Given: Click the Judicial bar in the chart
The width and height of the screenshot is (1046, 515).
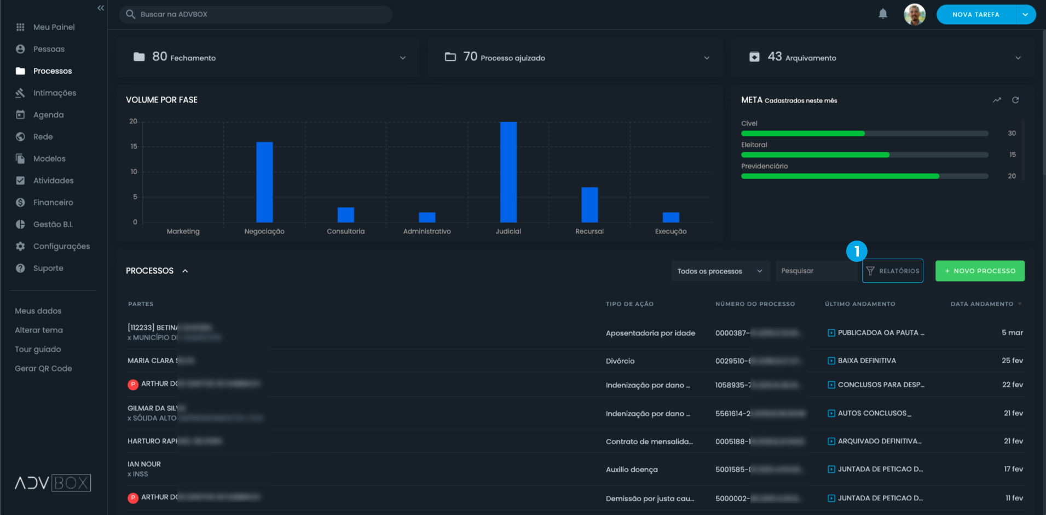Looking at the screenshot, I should point(508,172).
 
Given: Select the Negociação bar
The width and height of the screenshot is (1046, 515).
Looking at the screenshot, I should point(264,182).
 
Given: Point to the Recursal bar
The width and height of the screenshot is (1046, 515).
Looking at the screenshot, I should point(590,204).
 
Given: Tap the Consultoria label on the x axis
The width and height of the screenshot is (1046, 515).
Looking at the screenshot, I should point(345,231).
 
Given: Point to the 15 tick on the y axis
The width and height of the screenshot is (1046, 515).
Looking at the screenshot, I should point(134,146).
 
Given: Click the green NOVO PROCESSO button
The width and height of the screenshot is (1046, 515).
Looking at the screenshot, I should point(980,271).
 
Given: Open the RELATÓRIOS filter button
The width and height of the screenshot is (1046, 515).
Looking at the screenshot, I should point(893,271).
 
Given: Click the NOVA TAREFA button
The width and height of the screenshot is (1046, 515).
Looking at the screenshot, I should point(976,14).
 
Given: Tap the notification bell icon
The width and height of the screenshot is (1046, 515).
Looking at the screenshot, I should point(883,14).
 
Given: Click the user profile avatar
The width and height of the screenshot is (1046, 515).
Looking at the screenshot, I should point(914,14).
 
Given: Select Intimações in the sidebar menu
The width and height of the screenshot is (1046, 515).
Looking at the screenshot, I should point(54,93).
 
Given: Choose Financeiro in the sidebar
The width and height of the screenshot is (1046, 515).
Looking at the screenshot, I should point(53,203).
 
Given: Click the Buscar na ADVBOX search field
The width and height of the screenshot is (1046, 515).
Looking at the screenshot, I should point(256,14).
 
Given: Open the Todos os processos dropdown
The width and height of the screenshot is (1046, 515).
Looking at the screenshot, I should point(720,271).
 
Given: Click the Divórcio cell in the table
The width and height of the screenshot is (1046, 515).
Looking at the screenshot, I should point(620,361).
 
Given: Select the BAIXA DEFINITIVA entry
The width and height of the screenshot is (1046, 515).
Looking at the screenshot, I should point(866,360).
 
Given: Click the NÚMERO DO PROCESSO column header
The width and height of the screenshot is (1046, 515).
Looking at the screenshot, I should point(755,304).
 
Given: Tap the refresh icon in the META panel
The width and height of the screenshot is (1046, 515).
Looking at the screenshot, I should point(1015,100).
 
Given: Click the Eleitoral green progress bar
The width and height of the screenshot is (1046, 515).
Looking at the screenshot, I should point(815,155).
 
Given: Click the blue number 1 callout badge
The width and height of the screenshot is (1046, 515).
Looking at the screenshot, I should point(857,251).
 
